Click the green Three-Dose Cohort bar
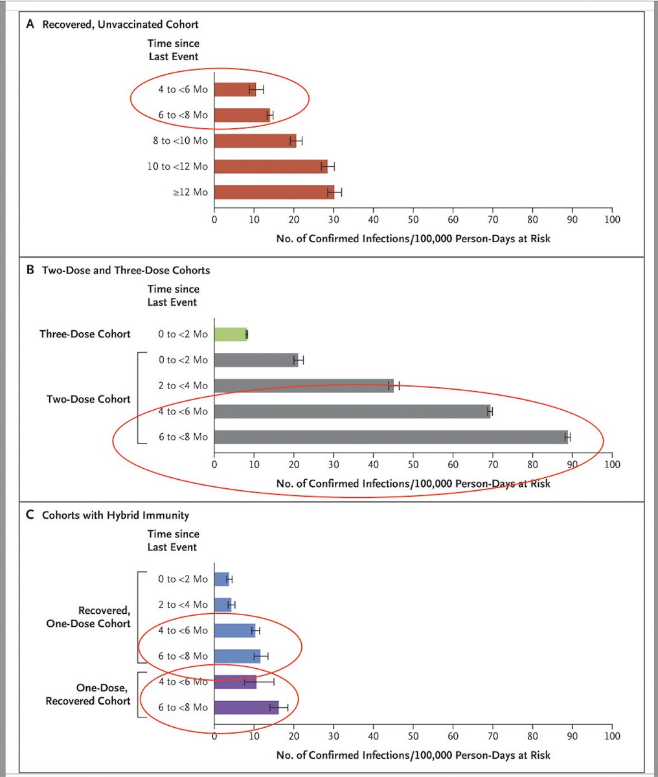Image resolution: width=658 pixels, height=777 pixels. [x=231, y=334]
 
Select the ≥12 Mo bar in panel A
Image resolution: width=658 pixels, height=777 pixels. [x=273, y=192]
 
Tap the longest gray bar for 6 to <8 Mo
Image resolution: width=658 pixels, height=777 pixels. [x=391, y=437]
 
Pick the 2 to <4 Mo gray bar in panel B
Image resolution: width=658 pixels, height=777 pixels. [x=303, y=386]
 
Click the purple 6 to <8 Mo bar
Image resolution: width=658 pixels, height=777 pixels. [x=246, y=708]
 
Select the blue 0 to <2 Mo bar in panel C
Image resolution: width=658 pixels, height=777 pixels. [x=221, y=579]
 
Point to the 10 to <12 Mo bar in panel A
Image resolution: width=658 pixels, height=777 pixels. [x=271, y=166]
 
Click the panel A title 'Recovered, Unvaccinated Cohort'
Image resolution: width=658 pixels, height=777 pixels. [x=120, y=25]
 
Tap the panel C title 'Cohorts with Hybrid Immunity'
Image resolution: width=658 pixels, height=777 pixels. [x=115, y=515]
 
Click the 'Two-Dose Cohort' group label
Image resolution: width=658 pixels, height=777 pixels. [x=89, y=399]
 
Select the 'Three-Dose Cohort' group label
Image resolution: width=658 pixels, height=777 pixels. [x=85, y=334]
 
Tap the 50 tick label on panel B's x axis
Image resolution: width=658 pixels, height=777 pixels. [x=413, y=464]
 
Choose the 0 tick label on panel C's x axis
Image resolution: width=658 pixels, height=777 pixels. [x=214, y=736]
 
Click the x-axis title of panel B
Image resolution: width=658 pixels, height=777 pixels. [x=413, y=484]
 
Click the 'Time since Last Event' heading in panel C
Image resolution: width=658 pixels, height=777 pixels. [x=173, y=541]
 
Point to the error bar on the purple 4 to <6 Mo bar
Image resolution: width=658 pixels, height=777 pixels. [x=259, y=682]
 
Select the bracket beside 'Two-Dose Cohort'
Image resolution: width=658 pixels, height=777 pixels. [x=139, y=399]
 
